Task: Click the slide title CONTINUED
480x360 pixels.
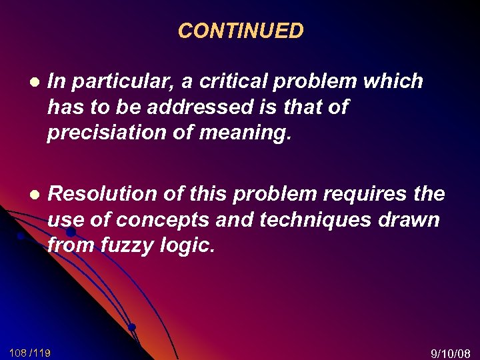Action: pos(241,31)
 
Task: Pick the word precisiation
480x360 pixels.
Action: pos(103,133)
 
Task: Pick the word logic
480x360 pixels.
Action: pos(189,245)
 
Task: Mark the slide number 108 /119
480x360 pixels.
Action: pos(30,352)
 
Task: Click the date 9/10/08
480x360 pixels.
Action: pos(451,353)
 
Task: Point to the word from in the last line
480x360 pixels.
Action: pos(69,245)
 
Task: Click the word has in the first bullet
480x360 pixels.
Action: pos(65,107)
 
